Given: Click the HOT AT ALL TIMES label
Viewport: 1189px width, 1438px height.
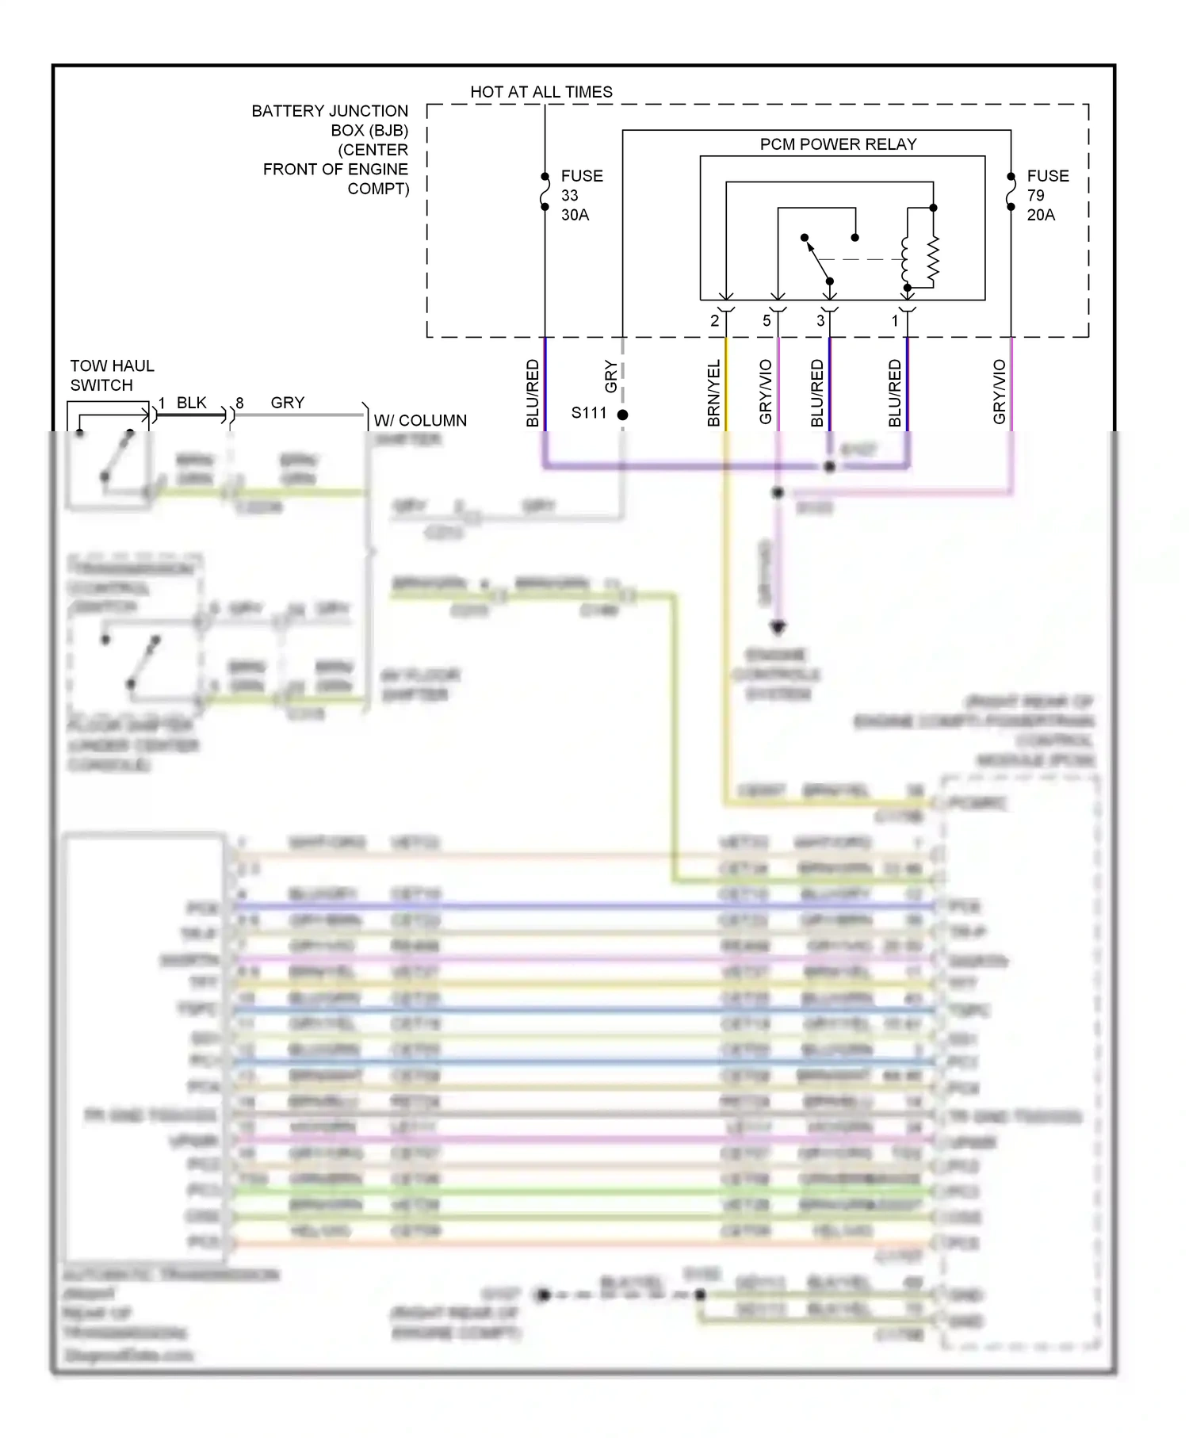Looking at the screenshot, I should (541, 92).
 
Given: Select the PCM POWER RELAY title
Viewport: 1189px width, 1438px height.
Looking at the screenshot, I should (838, 144).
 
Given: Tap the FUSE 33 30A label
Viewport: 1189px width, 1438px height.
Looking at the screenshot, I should (581, 195).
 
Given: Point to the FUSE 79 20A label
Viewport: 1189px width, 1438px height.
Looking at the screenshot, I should (1047, 195).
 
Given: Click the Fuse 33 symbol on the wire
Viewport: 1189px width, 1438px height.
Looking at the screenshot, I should (545, 192).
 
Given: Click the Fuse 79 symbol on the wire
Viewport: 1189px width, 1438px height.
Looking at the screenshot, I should (1011, 192).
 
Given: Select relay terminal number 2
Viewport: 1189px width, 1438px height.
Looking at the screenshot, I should (714, 321).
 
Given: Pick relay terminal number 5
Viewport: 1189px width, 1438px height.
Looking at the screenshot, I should (767, 321).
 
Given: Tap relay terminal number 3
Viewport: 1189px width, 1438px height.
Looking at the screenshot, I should (820, 321).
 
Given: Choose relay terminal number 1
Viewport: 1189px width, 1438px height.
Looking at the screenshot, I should (895, 321).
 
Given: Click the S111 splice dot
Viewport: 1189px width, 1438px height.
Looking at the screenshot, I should (623, 415).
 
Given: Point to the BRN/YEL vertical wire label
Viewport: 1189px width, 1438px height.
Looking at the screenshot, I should (713, 393).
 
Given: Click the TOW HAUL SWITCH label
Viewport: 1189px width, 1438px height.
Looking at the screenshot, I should (112, 376).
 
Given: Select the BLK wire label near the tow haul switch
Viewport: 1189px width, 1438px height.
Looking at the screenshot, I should (192, 403).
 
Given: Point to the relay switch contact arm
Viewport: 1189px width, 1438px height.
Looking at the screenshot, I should (818, 260).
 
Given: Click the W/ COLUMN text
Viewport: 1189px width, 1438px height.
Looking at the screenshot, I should (420, 421).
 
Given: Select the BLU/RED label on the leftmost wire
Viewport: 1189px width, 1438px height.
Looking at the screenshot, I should (533, 393).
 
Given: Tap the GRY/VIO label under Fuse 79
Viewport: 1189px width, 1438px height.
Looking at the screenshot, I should (999, 392).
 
